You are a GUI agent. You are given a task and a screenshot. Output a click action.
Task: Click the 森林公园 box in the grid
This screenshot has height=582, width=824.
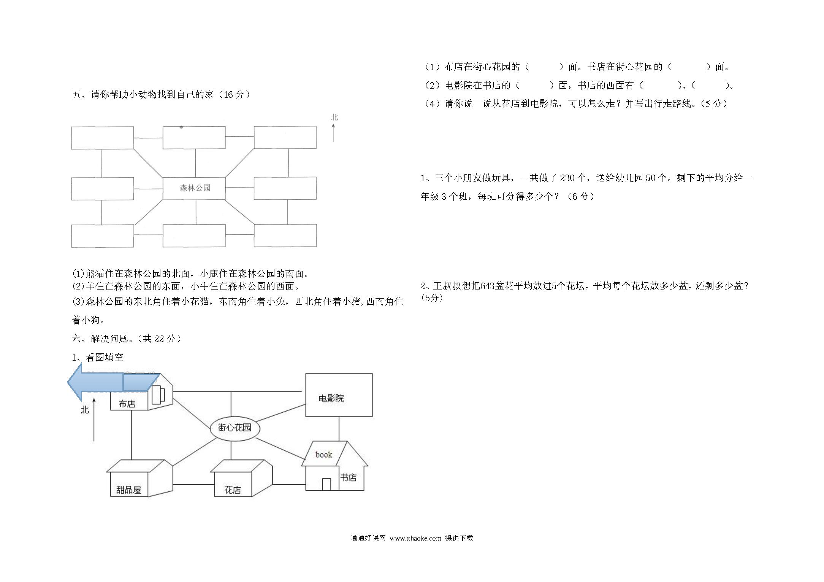(194, 188)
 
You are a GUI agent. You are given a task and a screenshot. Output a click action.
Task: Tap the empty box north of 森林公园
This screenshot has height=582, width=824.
(194, 137)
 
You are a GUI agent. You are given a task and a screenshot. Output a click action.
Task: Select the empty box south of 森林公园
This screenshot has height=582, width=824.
(194, 236)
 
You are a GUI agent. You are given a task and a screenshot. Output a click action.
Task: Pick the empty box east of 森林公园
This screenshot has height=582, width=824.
(285, 188)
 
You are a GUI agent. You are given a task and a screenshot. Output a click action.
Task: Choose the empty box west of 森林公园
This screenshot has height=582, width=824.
(102, 189)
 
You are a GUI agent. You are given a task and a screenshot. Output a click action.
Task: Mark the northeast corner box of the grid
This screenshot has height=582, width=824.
(285, 137)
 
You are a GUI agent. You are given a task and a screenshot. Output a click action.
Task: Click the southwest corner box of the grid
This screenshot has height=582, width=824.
(102, 236)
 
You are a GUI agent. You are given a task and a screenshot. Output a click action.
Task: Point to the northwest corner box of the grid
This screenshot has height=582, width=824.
(102, 138)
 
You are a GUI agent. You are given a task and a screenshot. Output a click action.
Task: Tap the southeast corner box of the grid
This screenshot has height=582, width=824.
(285, 236)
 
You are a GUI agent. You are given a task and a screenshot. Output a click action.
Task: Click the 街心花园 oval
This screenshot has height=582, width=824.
(235, 428)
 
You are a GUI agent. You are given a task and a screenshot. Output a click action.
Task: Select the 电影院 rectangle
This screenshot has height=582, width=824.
(339, 395)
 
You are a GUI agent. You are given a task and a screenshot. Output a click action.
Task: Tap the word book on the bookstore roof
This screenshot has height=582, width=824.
(323, 455)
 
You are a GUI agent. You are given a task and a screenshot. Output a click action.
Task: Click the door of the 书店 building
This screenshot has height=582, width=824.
(326, 484)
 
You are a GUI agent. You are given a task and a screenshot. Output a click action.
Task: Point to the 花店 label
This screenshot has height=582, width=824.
(233, 490)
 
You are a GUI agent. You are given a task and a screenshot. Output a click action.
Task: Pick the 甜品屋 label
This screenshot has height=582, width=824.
(128, 490)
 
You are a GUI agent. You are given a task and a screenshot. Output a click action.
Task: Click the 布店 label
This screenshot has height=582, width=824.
(127, 404)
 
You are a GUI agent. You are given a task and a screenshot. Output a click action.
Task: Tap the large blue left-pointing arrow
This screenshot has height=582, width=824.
(113, 382)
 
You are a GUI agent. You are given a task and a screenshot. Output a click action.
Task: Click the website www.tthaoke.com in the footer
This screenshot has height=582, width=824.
(415, 538)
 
